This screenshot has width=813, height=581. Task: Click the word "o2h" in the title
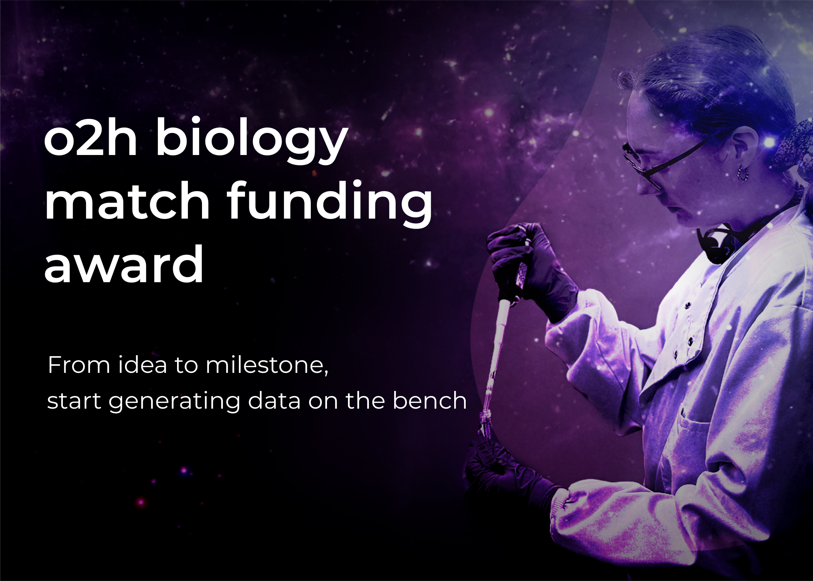90,139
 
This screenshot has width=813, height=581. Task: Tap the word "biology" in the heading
250,141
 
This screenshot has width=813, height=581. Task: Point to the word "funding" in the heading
330,204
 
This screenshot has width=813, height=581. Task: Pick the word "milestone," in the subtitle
267,365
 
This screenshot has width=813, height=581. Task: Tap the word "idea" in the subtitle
143,365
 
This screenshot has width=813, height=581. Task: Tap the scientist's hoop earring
742,174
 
